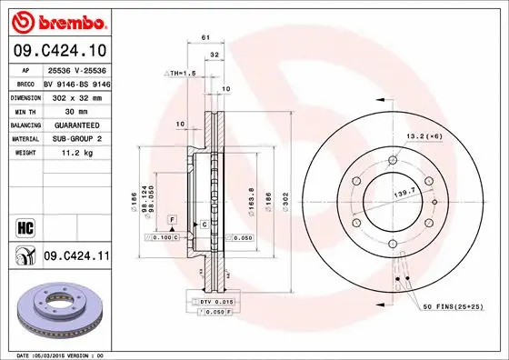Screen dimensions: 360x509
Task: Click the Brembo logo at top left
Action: pyautogui.click(x=57, y=20)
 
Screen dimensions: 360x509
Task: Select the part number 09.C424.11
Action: pyautogui.click(x=76, y=258)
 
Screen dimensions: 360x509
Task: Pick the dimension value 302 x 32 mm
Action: pyautogui.click(x=76, y=95)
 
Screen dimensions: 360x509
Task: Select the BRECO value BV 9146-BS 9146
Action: pyautogui.click(x=76, y=82)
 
